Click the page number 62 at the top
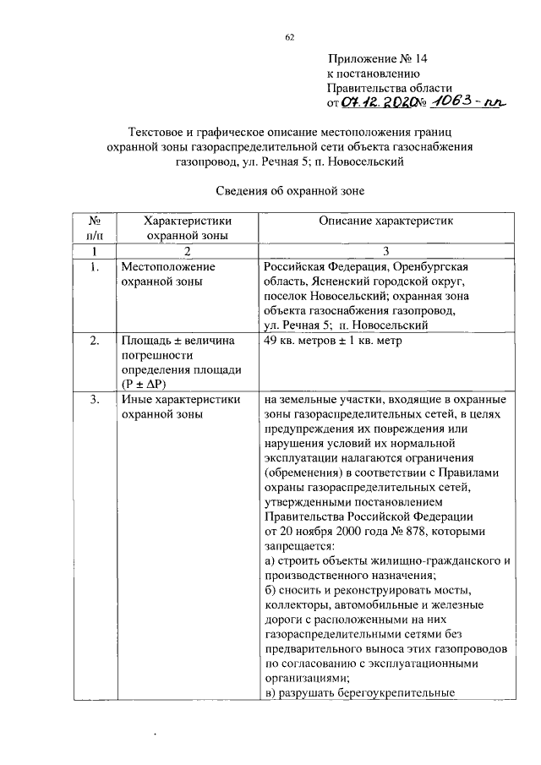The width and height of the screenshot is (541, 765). (289, 36)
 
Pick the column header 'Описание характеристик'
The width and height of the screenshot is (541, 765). (385, 221)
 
